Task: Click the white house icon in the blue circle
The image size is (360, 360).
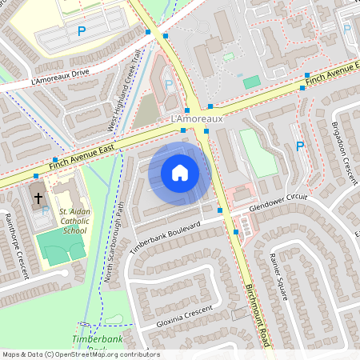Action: (x=180, y=172)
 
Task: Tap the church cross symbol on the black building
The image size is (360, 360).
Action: (x=37, y=196)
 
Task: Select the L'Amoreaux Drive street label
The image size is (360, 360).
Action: (x=60, y=77)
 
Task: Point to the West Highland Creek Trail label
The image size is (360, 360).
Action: (x=124, y=89)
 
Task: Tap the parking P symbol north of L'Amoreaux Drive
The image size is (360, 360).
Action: (x=80, y=31)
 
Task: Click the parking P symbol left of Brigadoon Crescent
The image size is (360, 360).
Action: (x=300, y=146)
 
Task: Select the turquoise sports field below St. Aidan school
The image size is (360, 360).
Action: (x=61, y=249)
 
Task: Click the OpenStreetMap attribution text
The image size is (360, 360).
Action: (x=80, y=354)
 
